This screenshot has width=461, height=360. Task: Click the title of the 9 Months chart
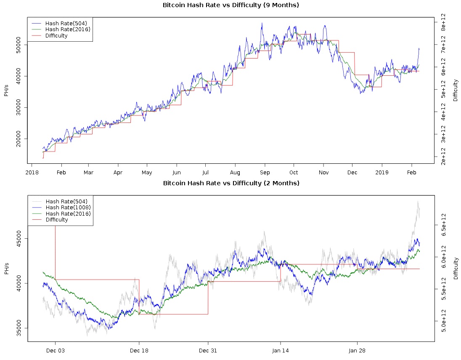pos(231,5)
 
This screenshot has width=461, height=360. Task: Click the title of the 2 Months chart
pos(231,183)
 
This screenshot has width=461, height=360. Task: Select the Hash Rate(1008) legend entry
pos(68,207)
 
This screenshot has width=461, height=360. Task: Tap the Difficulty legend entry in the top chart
pos(56,36)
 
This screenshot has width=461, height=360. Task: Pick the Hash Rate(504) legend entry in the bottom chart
pos(66,201)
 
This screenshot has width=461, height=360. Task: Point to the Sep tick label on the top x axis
pos(265,173)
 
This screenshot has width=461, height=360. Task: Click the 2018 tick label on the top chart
pos(31,173)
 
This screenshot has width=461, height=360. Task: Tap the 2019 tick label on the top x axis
pos(382,173)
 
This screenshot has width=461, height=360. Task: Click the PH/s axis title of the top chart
pos(6,90)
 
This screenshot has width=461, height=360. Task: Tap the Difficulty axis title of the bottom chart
pos(456,268)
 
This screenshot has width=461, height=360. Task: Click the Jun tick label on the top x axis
pos(177,173)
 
